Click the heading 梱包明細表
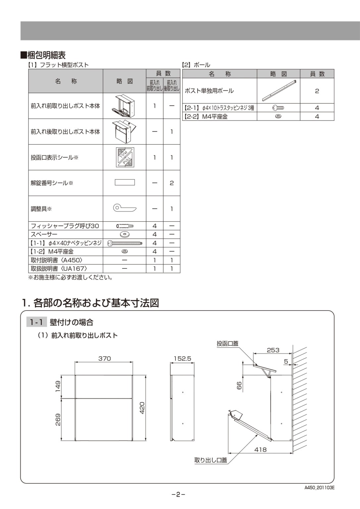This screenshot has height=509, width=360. pyautogui.click(x=46, y=55)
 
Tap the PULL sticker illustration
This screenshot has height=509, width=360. pyautogui.click(x=125, y=157)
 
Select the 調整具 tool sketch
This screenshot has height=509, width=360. pyautogui.click(x=125, y=208)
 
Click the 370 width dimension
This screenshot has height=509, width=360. pyautogui.click(x=104, y=359)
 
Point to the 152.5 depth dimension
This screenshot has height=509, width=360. pyautogui.click(x=182, y=359)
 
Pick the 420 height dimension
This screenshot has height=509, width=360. pyautogui.click(x=142, y=408)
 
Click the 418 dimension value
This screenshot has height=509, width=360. pyautogui.click(x=260, y=449)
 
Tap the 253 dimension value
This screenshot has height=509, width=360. pyautogui.click(x=273, y=350)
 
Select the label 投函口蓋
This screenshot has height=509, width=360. pyautogui.click(x=227, y=344)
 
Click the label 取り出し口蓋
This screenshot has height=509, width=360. pyautogui.click(x=211, y=460)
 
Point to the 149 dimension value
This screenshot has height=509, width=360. pyautogui.click(x=58, y=386)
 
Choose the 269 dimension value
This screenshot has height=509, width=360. pyautogui.click(x=58, y=420)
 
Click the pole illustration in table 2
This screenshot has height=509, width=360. pyautogui.click(x=279, y=90)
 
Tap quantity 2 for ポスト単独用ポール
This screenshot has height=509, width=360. pyautogui.click(x=317, y=91)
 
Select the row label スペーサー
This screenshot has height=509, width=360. pyautogui.click(x=44, y=234)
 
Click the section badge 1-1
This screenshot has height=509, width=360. pyautogui.click(x=36, y=322)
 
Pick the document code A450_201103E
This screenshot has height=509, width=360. pyautogui.click(x=319, y=487)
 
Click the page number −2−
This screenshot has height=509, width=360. pyautogui.click(x=178, y=495)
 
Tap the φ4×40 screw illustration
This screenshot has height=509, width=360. pyautogui.click(x=125, y=243)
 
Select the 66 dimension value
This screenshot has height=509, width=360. pyautogui.click(x=239, y=385)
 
